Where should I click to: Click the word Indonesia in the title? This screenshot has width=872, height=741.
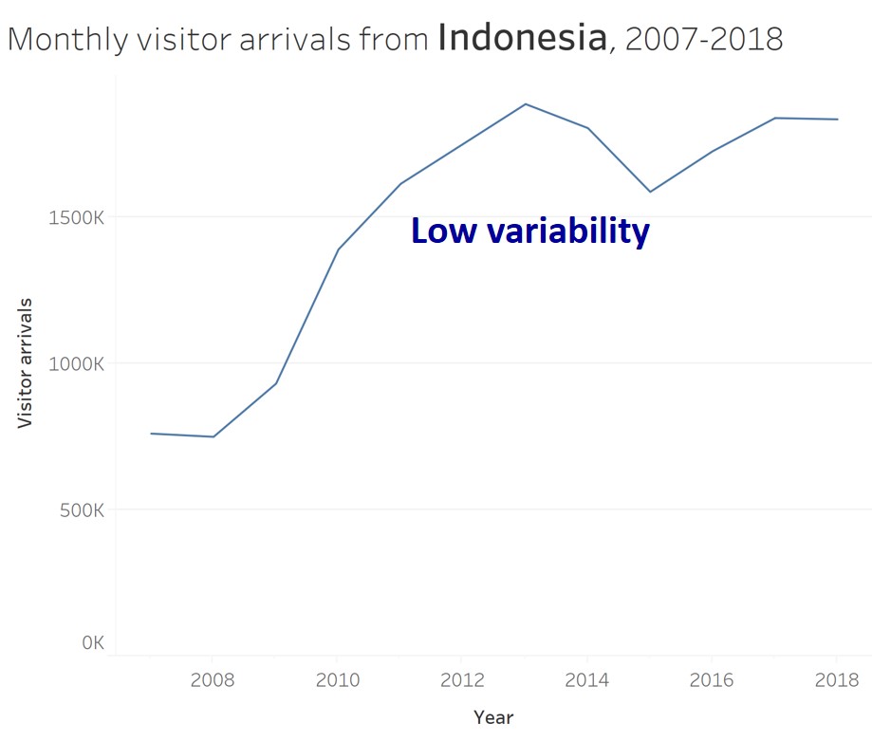523,39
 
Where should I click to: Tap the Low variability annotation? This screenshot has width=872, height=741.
529,231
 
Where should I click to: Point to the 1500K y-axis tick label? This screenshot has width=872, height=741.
75,217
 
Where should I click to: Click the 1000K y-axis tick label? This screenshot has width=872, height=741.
75,363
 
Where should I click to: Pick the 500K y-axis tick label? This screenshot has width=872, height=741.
79,509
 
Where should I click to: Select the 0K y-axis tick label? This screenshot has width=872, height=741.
92,642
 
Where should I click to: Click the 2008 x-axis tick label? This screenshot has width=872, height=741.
213,680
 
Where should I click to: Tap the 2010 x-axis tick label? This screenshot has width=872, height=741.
337,680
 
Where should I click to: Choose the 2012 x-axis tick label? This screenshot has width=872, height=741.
462,680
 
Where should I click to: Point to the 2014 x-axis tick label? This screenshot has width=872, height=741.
587,680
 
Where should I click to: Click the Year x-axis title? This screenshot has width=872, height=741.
493,717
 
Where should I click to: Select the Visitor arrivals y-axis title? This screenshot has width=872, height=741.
26,363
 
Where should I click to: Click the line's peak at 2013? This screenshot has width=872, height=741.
526,103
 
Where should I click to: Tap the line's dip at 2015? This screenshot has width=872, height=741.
650,192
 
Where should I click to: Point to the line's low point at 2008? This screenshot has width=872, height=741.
213,436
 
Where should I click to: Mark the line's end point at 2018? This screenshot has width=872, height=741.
837,120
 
